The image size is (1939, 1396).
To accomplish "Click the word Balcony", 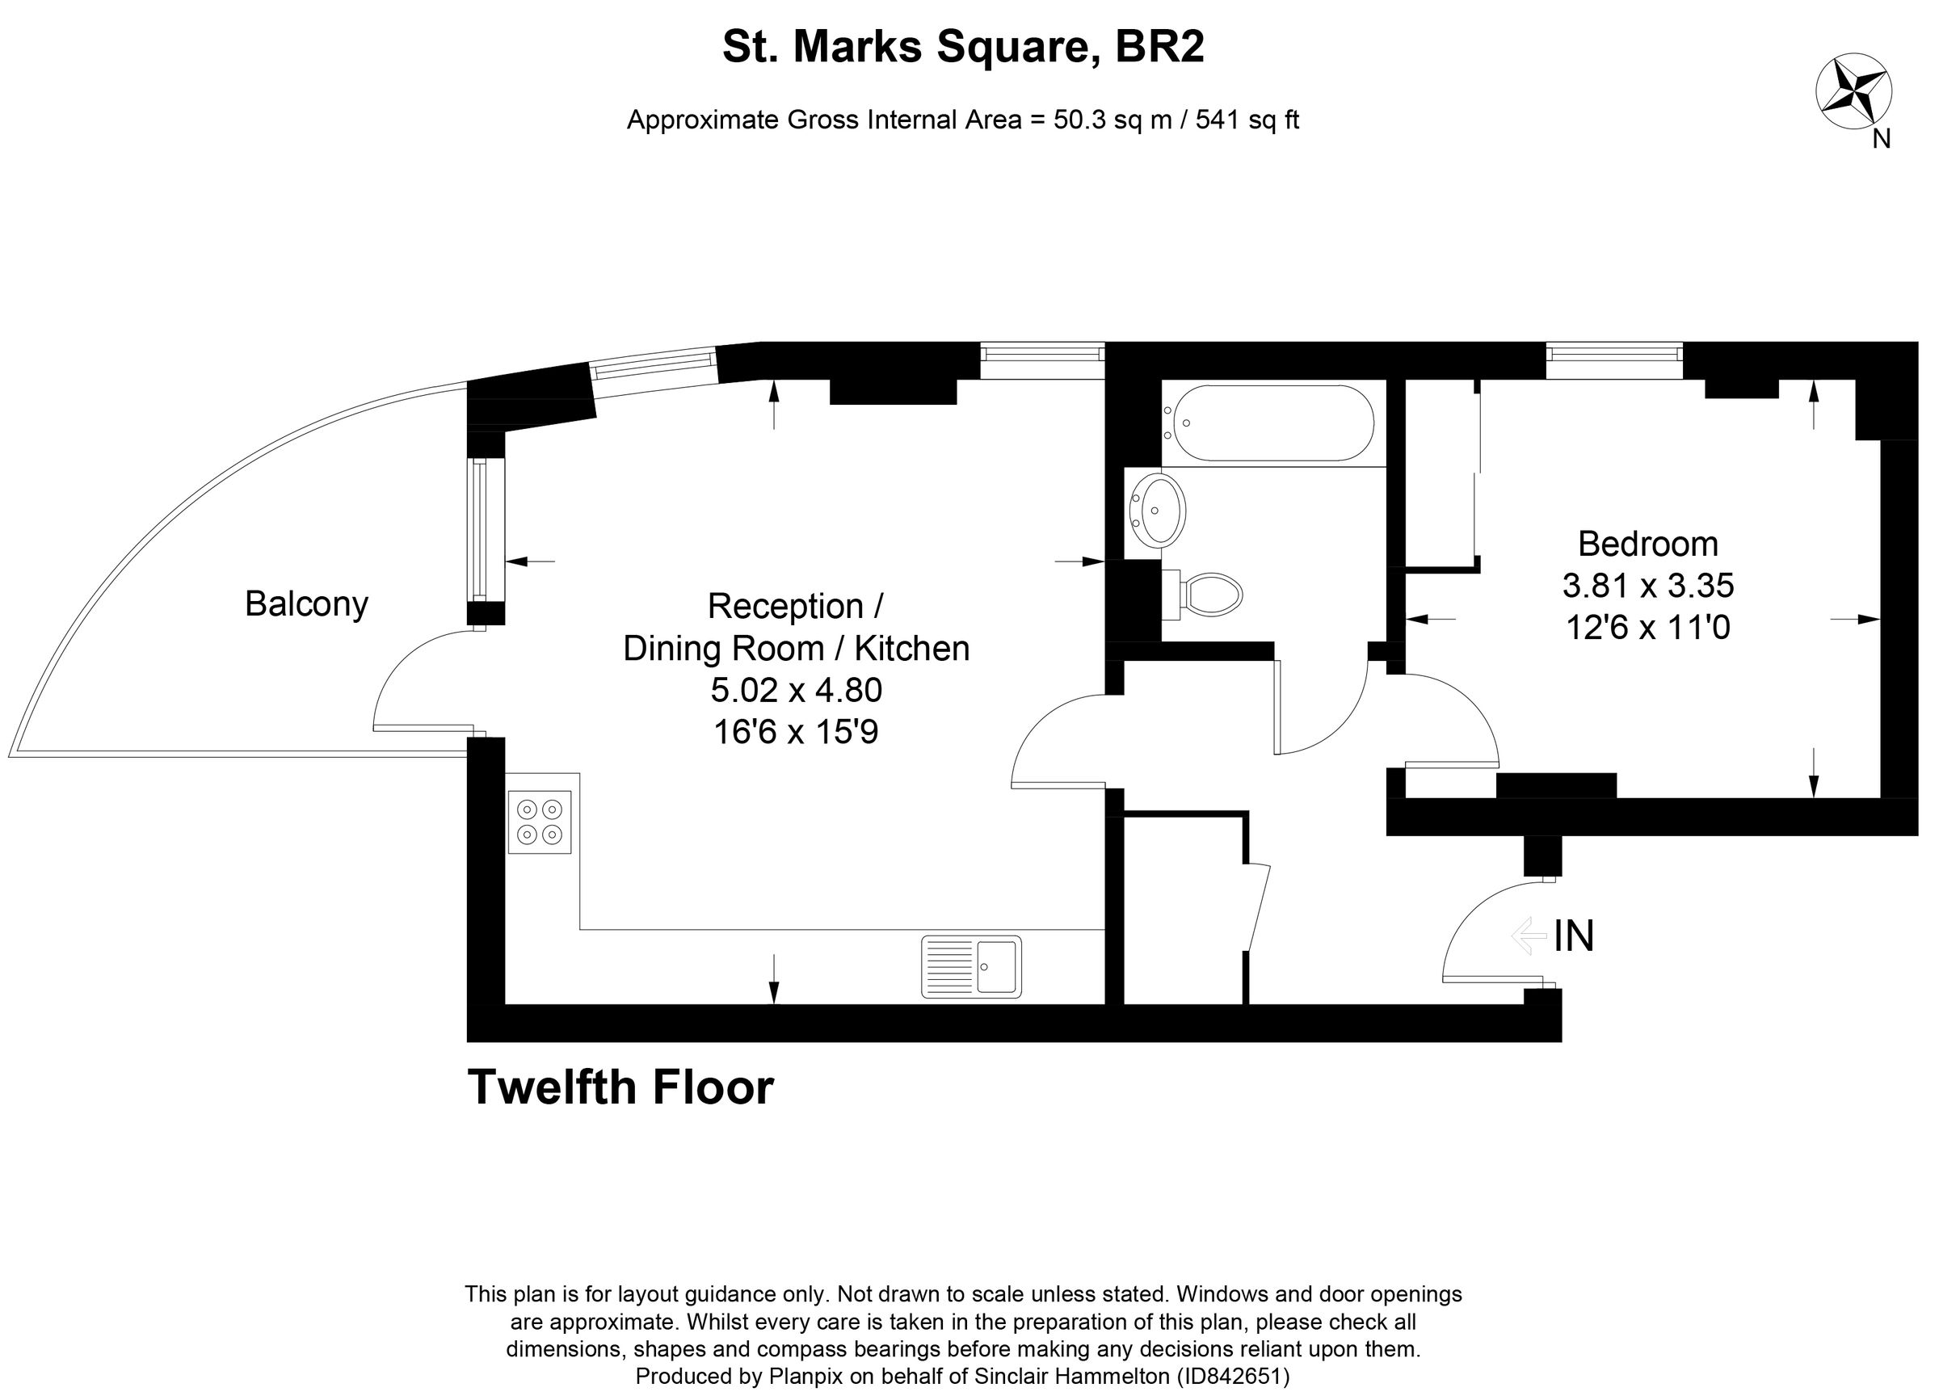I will pos(306,603).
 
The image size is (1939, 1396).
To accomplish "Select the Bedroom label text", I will pos(1647,544).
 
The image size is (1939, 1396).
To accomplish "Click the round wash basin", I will pos(1158,511).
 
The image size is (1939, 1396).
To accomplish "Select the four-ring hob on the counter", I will pos(540,822).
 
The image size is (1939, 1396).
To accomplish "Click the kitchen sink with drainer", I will pos(972,967).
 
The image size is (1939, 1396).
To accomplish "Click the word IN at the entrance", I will pos(1574,936).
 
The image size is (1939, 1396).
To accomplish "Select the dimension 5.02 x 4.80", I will pos(796,690).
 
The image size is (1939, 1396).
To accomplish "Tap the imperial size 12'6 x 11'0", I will pos(1647,628).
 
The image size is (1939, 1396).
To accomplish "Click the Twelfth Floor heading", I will pos(620,1087).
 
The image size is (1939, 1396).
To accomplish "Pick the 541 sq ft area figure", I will pos(1247,120).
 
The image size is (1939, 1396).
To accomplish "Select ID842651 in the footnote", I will pos(1232,1377).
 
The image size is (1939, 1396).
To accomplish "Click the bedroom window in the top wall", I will pos(1614,360).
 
